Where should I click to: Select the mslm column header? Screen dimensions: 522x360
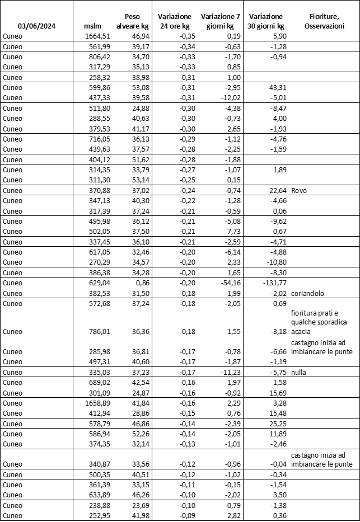pos(92,26)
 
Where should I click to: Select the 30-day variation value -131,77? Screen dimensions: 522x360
pos(272,283)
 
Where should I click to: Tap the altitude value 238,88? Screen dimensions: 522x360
pos(95,505)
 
